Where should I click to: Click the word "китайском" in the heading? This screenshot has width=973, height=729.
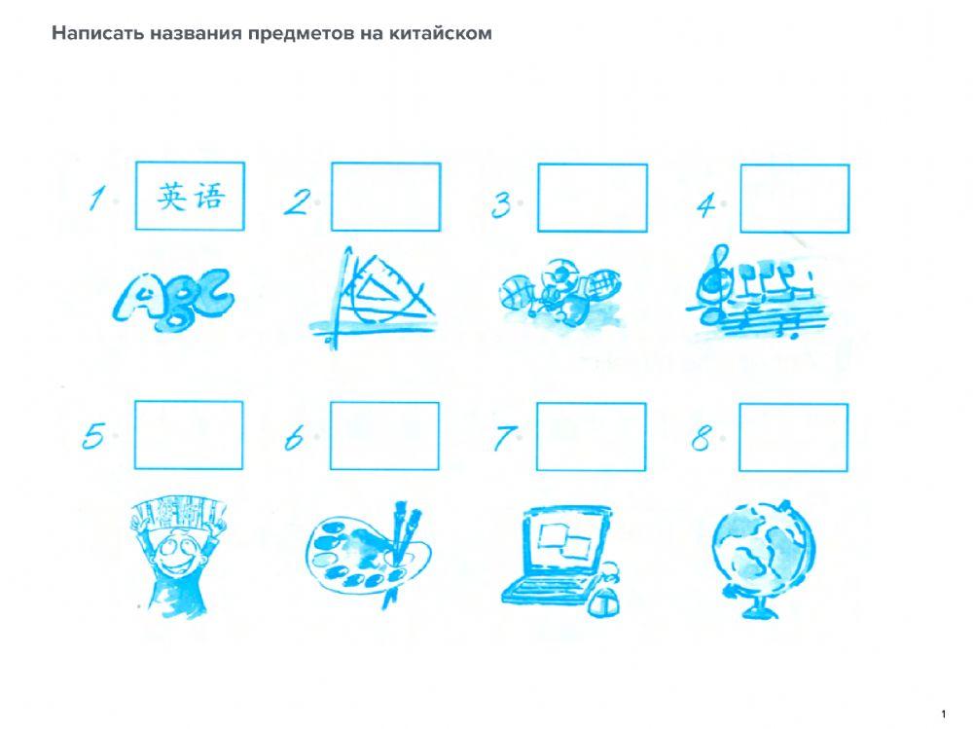(440, 33)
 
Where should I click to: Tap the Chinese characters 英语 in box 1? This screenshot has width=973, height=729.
(191, 197)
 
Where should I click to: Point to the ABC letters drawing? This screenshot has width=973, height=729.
(174, 298)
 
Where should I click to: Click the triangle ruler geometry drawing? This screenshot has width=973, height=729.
(374, 297)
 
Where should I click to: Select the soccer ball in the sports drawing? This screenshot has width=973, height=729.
(559, 273)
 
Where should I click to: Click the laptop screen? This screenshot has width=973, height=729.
(564, 540)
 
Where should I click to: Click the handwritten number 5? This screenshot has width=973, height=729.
(93, 435)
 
